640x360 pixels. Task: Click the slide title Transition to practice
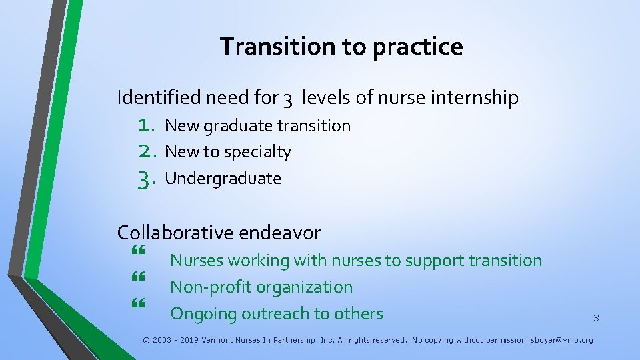coord(341,47)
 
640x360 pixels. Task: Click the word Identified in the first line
coord(159,98)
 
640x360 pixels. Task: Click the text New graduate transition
coord(257,125)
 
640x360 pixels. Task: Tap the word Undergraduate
coord(223,179)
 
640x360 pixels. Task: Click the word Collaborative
coord(175,233)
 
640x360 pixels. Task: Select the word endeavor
coord(279,233)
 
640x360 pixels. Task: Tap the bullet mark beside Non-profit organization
coord(139,277)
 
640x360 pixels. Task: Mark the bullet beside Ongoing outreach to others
coord(139,304)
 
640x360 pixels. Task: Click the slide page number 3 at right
coord(596,319)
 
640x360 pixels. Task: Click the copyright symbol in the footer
coord(147,340)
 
